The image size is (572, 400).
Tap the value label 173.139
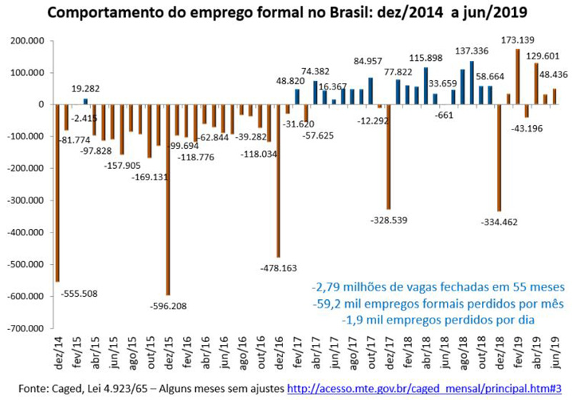[517, 39]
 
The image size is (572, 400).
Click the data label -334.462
[498, 223]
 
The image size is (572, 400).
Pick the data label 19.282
[87, 89]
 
